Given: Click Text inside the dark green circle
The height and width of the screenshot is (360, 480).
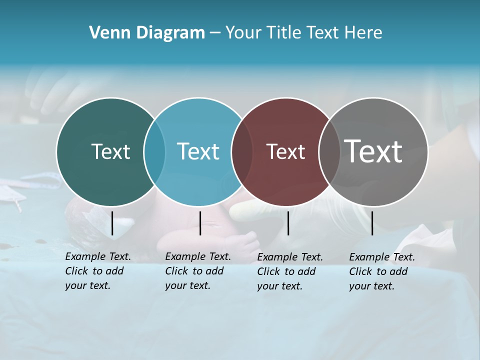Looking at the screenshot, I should coord(110,151).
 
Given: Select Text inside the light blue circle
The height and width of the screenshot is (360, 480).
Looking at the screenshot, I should coord(198,151).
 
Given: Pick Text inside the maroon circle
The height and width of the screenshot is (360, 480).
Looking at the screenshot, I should coord(285,151).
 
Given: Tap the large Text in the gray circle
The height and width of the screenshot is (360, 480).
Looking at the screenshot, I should coord(373,151).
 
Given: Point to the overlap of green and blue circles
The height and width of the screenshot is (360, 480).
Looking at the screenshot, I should coord(154,152).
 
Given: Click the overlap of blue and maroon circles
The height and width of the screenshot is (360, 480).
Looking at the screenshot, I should coord(242,152).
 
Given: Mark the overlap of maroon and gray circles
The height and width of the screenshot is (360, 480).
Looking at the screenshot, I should coord(329,152).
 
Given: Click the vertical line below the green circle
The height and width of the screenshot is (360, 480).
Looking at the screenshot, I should coord(112,223).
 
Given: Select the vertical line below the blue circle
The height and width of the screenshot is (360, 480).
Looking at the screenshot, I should coord(200,223).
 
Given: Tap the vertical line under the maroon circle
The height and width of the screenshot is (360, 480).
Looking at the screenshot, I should coord(288,223).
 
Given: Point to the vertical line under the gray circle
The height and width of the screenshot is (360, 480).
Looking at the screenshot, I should coord(372,223).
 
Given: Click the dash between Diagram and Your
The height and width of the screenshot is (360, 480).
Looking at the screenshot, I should coord(215,33).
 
